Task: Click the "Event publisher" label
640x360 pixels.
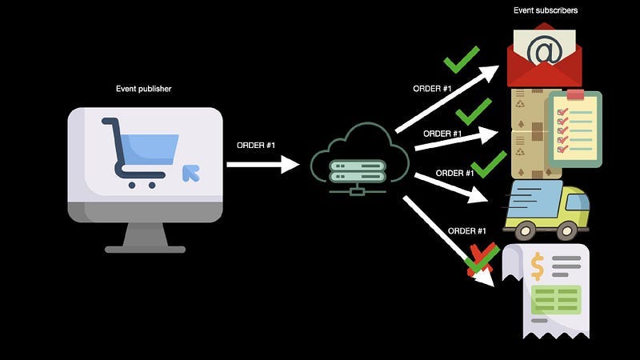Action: [144, 89]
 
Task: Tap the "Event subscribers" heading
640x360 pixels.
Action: [546, 10]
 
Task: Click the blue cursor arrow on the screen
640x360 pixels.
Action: [190, 172]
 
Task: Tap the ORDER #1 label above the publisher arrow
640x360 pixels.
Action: [256, 145]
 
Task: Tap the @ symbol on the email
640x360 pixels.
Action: [545, 50]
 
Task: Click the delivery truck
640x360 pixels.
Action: [546, 210]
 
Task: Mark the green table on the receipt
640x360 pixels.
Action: [558, 299]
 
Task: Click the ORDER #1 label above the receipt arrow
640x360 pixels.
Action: [467, 230]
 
